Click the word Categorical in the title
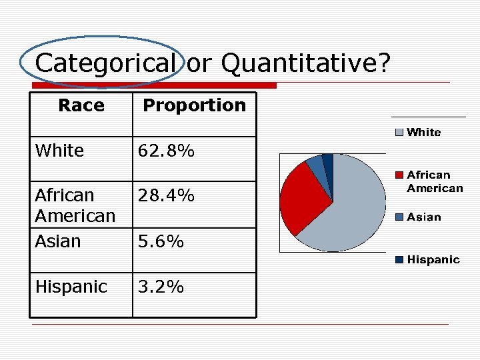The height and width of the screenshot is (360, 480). coord(105,63)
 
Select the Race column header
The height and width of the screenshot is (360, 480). coord(81,105)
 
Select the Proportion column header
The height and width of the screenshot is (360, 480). coord(194,105)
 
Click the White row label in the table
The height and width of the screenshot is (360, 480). coord(59,151)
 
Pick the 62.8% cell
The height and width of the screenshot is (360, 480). coord(166,151)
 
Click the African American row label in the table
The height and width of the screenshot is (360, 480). coord(75,206)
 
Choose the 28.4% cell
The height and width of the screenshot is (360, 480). coord(166,195)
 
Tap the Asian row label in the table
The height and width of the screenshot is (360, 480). coord(57,241)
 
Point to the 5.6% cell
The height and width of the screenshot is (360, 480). coord(161,241)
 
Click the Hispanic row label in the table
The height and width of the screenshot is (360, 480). coord(71,287)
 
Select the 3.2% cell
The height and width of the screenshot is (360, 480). coord(161,287)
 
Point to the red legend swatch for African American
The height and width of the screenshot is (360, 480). coord(399,175)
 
